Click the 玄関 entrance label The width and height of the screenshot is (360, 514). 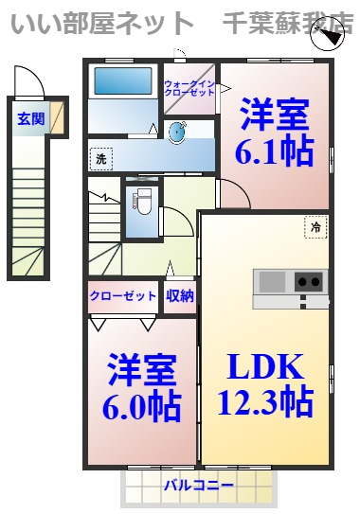(x=30, y=119)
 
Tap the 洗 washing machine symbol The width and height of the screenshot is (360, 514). (x=101, y=159)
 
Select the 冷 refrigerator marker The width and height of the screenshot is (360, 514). (x=315, y=226)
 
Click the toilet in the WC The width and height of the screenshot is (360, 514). (x=142, y=201)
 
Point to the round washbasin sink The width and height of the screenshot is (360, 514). (x=177, y=133)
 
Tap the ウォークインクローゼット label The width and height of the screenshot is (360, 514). (x=189, y=89)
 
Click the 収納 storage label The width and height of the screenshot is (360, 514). (x=180, y=295)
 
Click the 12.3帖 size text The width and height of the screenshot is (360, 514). (x=266, y=402)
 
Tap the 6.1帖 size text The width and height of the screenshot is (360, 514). (x=275, y=151)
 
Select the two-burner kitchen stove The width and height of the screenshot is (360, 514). (x=309, y=281)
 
